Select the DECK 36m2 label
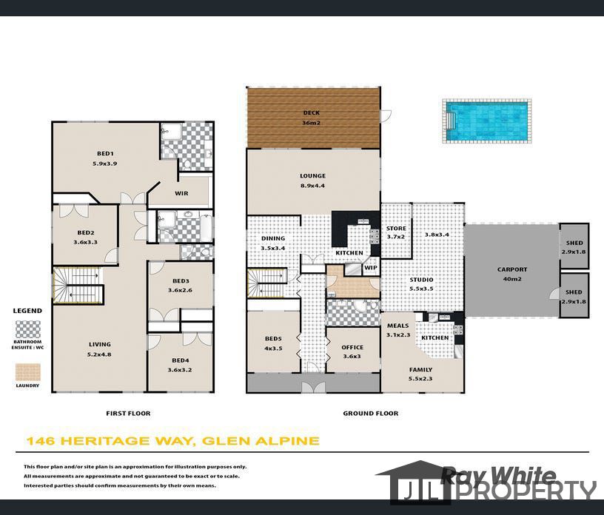click(312, 113)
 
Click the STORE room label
click(396, 229)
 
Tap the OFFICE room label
click(352, 348)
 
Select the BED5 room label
click(273, 339)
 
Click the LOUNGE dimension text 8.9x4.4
click(312, 186)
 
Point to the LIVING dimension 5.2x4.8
click(99, 354)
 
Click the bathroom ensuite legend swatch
click(29, 329)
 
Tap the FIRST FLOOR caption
click(129, 414)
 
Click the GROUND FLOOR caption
click(370, 414)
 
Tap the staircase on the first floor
click(76, 284)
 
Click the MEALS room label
click(397, 324)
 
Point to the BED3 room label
click(181, 281)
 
